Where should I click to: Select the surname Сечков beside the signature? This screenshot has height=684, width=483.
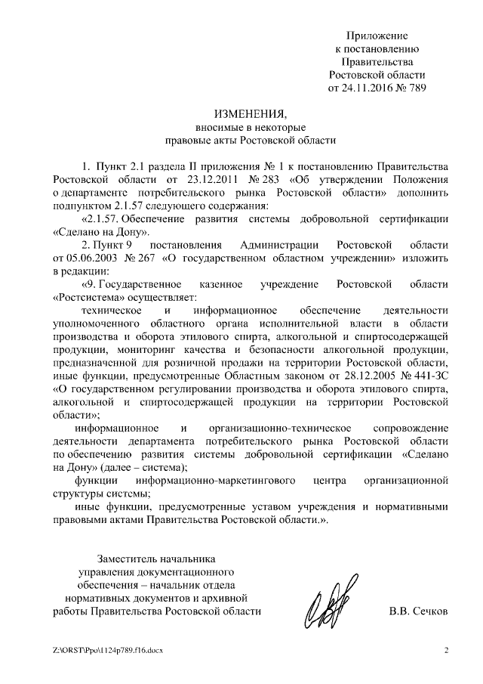431,611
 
